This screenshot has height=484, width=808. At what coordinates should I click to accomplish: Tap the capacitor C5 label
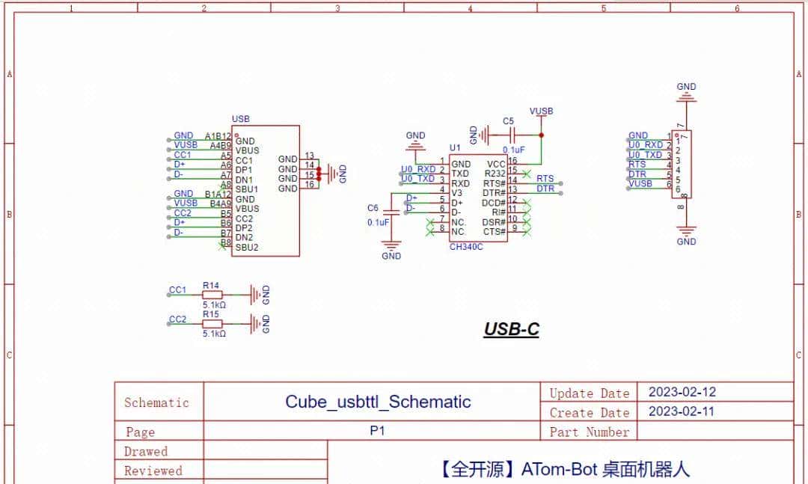[x=508, y=121]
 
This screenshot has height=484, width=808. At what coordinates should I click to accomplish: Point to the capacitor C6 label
[x=373, y=208]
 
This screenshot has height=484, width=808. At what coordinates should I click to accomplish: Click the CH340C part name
[x=466, y=246]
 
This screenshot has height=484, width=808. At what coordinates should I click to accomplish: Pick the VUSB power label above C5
[x=541, y=111]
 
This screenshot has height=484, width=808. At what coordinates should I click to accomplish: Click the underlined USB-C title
[x=511, y=329]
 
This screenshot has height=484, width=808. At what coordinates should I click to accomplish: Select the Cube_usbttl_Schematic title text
[x=378, y=402]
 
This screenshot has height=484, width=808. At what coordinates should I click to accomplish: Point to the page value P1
[x=378, y=432]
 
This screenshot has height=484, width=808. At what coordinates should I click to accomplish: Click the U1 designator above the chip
[x=455, y=148]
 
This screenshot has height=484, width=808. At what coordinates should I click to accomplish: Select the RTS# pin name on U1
[x=495, y=183]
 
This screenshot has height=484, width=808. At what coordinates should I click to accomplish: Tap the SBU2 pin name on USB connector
[x=247, y=248]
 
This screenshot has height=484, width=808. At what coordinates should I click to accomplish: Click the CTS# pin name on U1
[x=494, y=232]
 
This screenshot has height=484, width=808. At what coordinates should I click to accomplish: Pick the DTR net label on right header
[x=637, y=174]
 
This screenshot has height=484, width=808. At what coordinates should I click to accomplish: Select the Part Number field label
[x=589, y=432]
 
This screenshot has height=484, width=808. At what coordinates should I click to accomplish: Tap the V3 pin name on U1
[x=456, y=193]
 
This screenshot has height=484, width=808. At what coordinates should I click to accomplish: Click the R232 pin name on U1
[x=495, y=174]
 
